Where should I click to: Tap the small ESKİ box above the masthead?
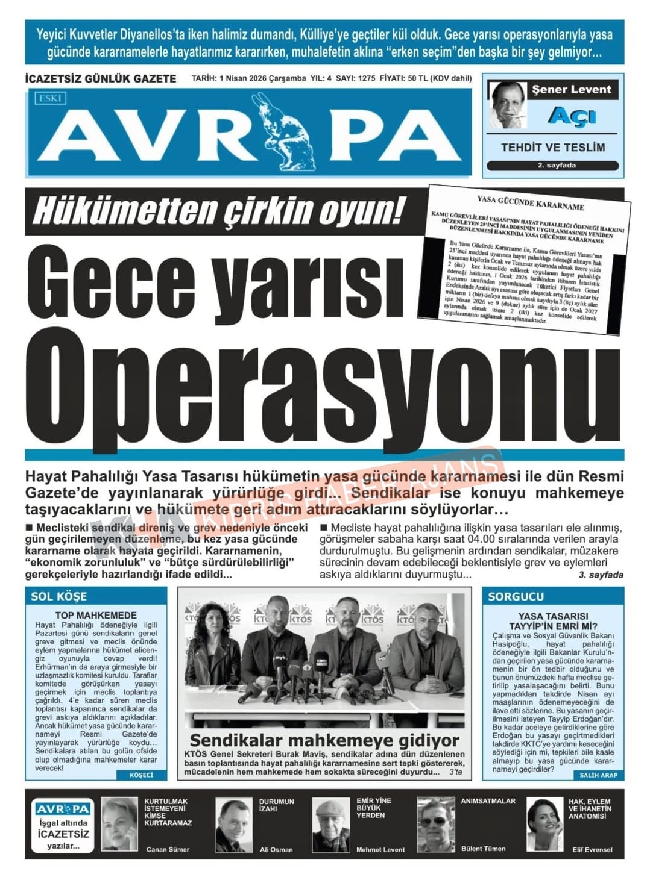(x=51, y=98)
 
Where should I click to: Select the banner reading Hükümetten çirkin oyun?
(x=218, y=211)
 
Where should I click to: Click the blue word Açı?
(x=572, y=116)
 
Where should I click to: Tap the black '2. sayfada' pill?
(x=552, y=166)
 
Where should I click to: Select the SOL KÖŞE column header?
(x=59, y=596)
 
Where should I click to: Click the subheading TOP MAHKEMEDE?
(x=96, y=615)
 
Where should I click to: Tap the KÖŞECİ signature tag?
(x=142, y=775)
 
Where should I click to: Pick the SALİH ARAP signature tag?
(x=598, y=775)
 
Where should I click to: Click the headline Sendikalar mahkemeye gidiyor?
(x=324, y=740)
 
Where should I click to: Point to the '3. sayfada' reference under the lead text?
(x=601, y=575)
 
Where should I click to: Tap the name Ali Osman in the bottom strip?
(x=276, y=849)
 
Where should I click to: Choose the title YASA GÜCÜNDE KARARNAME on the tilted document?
(x=530, y=202)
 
